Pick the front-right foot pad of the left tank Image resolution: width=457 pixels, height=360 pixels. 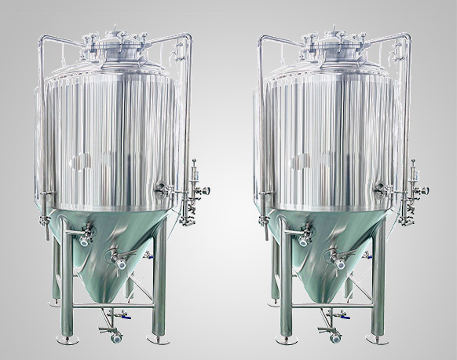pyautogui.click(x=158, y=340)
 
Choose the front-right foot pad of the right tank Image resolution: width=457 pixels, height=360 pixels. pyautogui.click(x=378, y=340)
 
